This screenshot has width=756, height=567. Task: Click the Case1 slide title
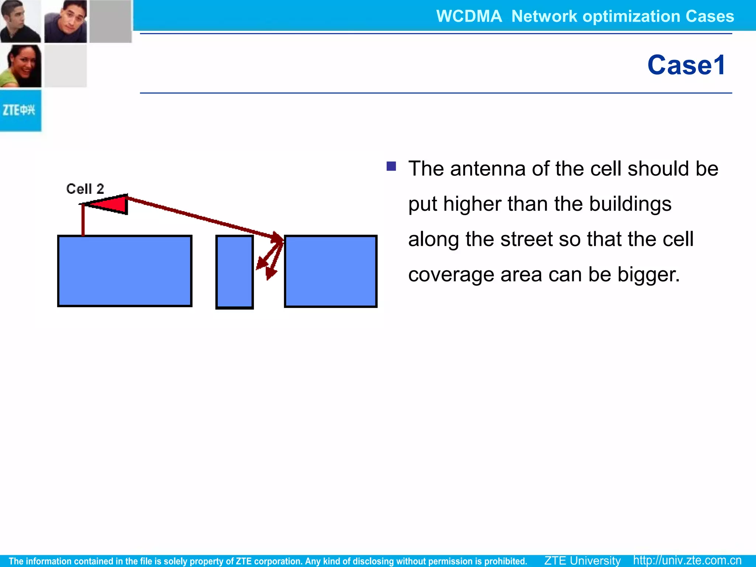click(686, 65)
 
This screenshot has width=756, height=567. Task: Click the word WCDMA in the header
click(469, 16)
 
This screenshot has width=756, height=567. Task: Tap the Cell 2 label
click(85, 189)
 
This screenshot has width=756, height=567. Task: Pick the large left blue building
click(125, 271)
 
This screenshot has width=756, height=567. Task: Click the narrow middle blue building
click(234, 272)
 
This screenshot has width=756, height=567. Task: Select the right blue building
click(330, 271)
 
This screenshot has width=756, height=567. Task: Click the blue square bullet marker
click(391, 166)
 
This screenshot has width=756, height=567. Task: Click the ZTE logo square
click(20, 110)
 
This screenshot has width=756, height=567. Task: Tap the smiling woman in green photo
click(21, 66)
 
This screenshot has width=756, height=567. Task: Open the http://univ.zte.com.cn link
click(687, 560)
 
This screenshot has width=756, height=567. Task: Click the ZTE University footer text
click(582, 560)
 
